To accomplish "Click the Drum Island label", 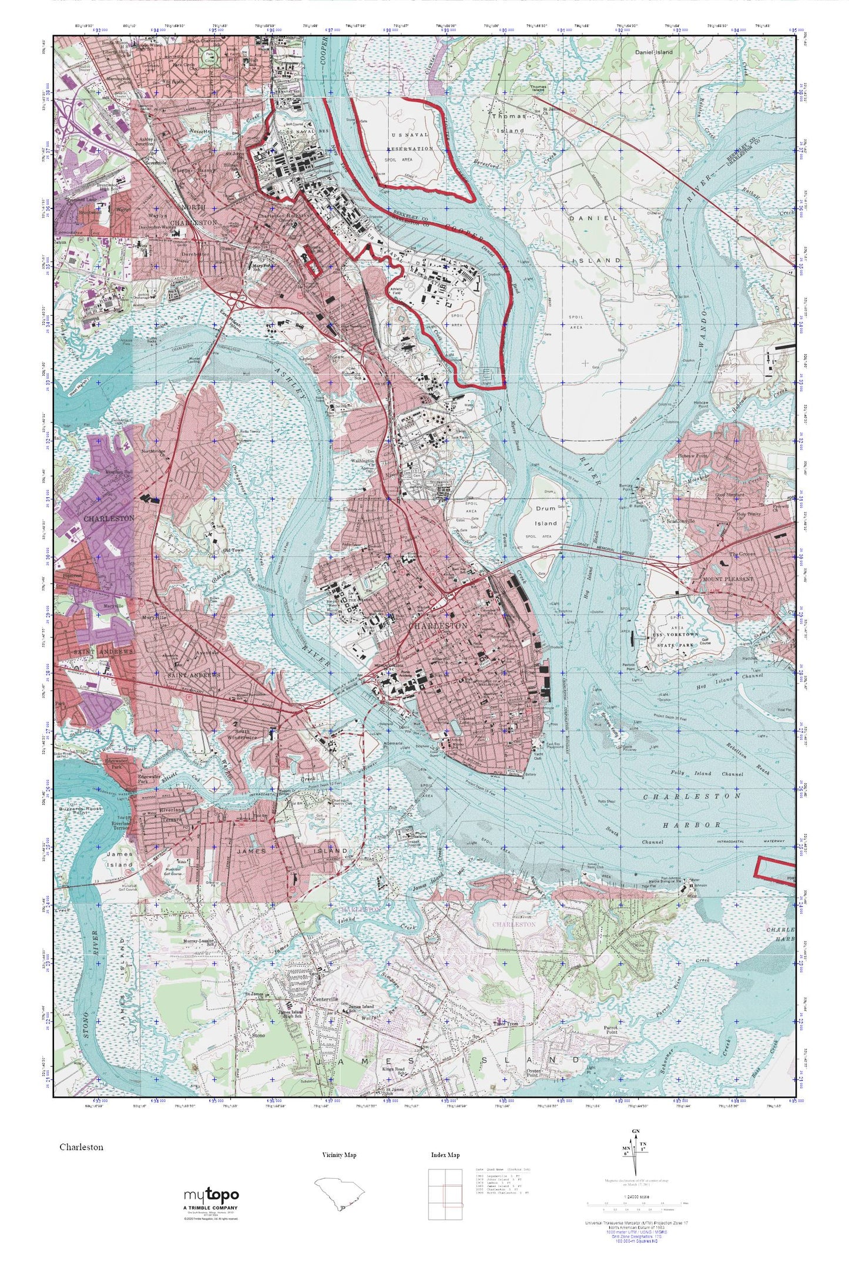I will click(x=546, y=515).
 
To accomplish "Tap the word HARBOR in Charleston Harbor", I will click(x=692, y=825).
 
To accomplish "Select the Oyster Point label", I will click(x=533, y=1071).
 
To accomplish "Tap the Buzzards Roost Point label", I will click(x=80, y=810).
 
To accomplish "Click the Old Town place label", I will click(x=233, y=550).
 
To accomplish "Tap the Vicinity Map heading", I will click(x=339, y=1155).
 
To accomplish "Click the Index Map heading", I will click(x=445, y=1155).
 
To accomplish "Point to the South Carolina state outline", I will click(x=339, y=1193).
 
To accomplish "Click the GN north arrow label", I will click(x=636, y=1131).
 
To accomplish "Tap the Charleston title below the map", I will click(x=81, y=1147).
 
